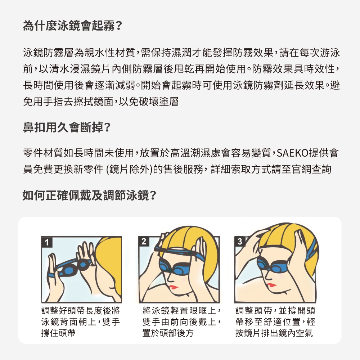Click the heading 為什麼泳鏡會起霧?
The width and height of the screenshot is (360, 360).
(x=72, y=26)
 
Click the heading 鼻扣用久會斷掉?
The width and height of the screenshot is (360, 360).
(x=67, y=127)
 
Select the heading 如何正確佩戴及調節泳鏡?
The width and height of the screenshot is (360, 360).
(x=90, y=195)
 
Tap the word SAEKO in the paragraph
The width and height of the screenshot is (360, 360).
(x=292, y=153)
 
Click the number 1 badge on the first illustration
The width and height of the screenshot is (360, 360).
(x=47, y=242)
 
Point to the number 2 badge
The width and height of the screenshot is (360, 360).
(x=144, y=241)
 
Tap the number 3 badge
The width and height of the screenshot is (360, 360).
(x=240, y=241)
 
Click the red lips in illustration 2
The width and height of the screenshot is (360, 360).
(x=174, y=287)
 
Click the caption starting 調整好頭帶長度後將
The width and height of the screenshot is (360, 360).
(x=81, y=321)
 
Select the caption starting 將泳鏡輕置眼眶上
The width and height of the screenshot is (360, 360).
(x=181, y=321)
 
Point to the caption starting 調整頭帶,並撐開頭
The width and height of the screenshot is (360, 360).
(x=275, y=321)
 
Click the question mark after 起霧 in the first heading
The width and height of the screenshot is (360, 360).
(x=119, y=26)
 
